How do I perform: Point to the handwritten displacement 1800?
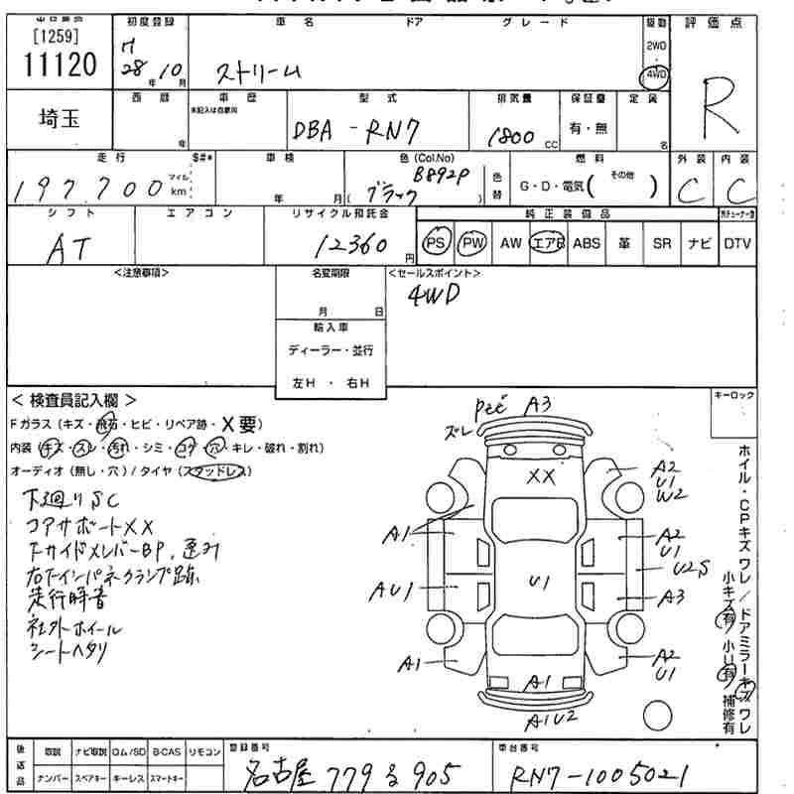click(512, 137)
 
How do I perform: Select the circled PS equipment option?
click(435, 243)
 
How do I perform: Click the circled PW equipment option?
click(472, 243)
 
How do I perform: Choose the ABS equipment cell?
click(587, 243)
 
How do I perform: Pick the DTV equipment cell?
click(737, 243)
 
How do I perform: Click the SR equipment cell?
click(662, 243)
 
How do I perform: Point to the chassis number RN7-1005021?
click(595, 770)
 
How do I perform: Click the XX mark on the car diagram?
click(541, 475)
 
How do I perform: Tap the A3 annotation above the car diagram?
click(538, 404)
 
